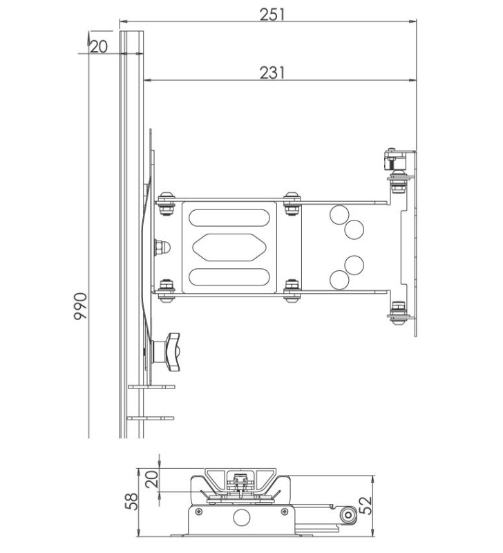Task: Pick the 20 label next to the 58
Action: pyautogui.click(x=151, y=479)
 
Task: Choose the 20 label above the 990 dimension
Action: pyautogui.click(x=99, y=46)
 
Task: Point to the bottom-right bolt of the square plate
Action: pyautogui.click(x=292, y=290)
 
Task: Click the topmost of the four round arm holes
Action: pyautogui.click(x=339, y=214)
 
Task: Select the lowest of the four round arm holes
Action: pyautogui.click(x=339, y=279)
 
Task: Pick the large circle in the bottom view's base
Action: pyautogui.click(x=242, y=518)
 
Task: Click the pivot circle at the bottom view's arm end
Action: pyautogui.click(x=348, y=514)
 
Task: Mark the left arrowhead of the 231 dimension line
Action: pyautogui.click(x=147, y=81)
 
